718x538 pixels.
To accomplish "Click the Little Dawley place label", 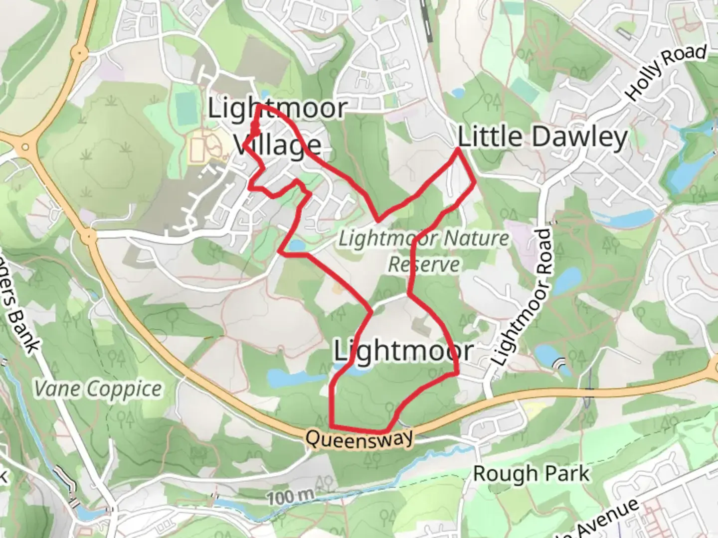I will pos(542,137).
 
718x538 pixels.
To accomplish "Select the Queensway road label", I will pos(359,439).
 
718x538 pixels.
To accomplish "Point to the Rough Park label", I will pos(531,474).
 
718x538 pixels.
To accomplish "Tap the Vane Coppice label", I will pos(98,389).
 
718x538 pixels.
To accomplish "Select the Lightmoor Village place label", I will pos(277,127).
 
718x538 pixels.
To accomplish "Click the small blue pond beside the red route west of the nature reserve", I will pos(295,245).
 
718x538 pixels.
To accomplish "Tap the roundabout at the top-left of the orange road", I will pos(79,52).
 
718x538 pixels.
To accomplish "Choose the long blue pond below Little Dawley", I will pos(623,217).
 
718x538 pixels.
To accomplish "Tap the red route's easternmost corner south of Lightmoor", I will pos(457,373).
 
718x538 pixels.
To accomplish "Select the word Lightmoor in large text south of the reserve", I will pos(403,350).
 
